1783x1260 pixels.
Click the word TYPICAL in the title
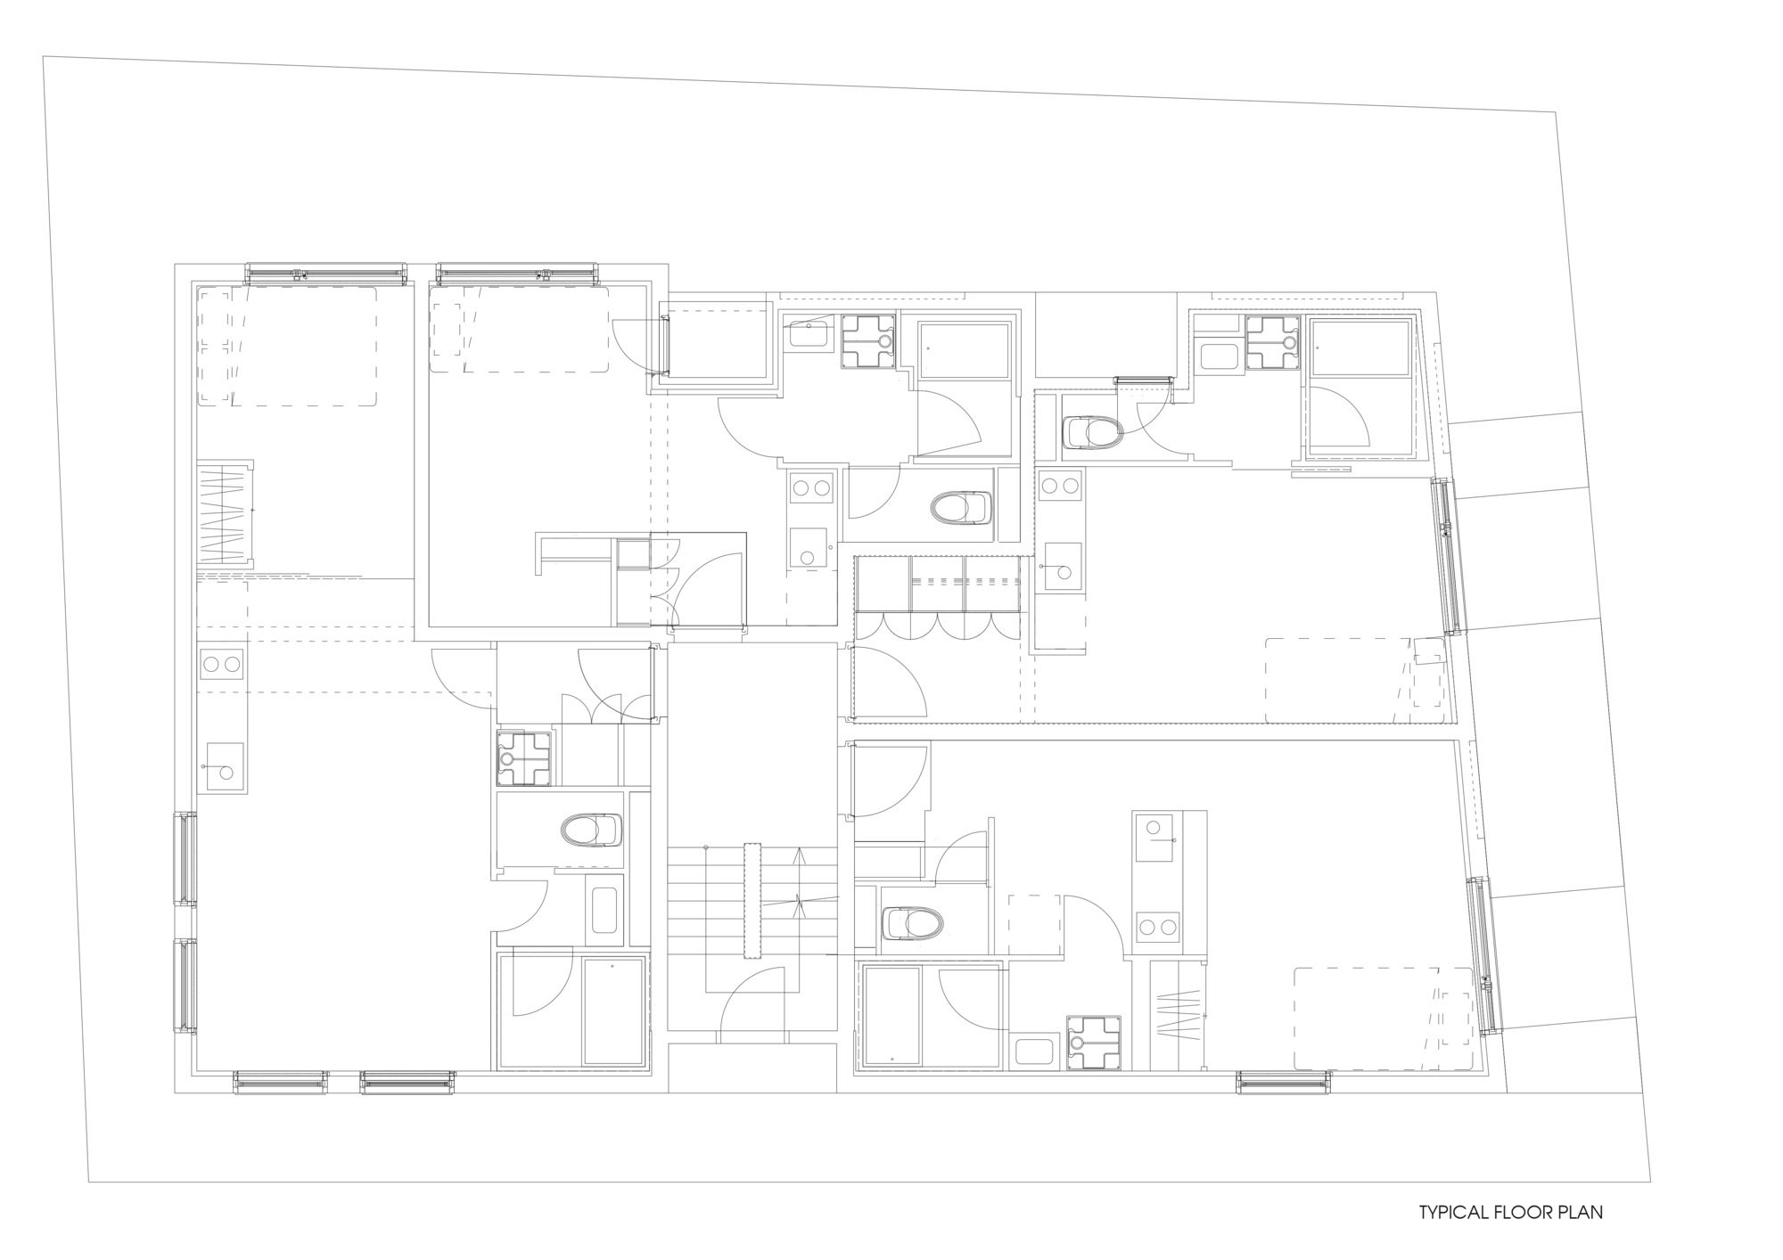(x=1453, y=1212)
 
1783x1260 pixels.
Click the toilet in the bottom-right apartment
(x=911, y=923)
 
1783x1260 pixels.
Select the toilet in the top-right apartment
(x=1093, y=434)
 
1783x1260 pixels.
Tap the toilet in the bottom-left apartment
(x=592, y=830)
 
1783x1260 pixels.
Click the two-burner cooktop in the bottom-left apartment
(x=222, y=664)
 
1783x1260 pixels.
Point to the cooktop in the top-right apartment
(x=1061, y=487)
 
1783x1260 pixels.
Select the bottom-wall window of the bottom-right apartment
(x=1283, y=1083)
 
